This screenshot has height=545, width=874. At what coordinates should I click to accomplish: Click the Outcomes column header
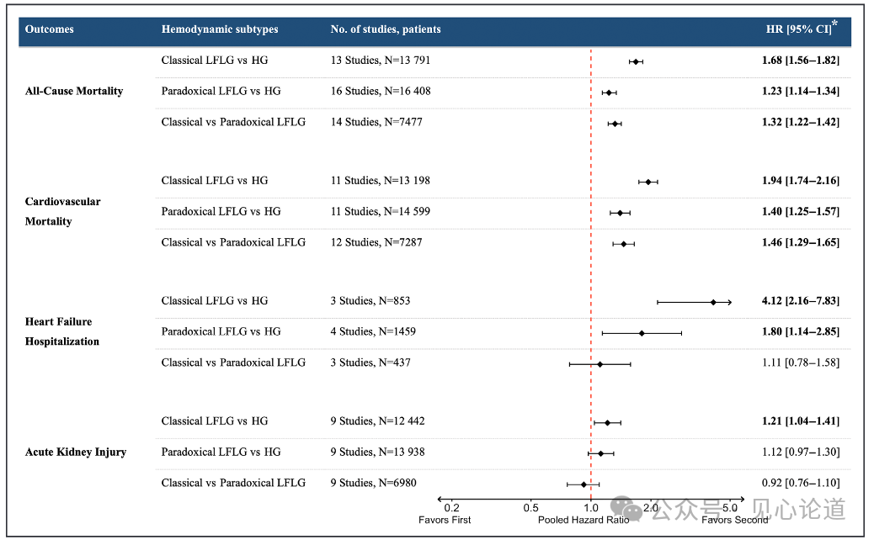49,29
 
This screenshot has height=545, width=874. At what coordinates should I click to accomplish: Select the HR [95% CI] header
802,29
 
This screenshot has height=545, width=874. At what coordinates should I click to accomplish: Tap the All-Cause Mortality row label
74,92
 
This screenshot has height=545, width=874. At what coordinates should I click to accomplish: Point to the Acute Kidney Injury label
76,452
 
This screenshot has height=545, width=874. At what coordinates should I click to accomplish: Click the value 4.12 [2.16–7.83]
801,301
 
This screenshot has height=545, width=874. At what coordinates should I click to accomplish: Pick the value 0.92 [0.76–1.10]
801,484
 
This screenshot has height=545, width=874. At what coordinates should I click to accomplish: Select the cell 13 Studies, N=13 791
380,60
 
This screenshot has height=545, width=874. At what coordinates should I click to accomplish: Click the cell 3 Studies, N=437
370,363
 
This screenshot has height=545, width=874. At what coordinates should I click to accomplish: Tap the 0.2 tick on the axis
451,508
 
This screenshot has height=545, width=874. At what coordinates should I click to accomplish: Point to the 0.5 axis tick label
530,508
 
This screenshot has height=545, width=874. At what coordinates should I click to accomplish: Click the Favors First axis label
445,520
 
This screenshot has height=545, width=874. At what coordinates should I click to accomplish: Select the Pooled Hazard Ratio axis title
584,520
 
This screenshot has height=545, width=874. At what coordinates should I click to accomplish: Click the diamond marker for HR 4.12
713,302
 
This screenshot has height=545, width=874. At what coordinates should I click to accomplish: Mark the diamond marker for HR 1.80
642,333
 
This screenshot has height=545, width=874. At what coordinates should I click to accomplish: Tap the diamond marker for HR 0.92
584,485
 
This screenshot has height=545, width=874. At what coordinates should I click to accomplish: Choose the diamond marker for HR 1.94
648,182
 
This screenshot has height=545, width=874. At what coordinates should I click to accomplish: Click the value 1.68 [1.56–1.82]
801,61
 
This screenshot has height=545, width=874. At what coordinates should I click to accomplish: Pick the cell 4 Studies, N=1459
373,331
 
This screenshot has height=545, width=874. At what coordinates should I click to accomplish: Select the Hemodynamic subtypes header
220,29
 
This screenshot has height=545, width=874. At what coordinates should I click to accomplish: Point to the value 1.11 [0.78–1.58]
801,363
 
